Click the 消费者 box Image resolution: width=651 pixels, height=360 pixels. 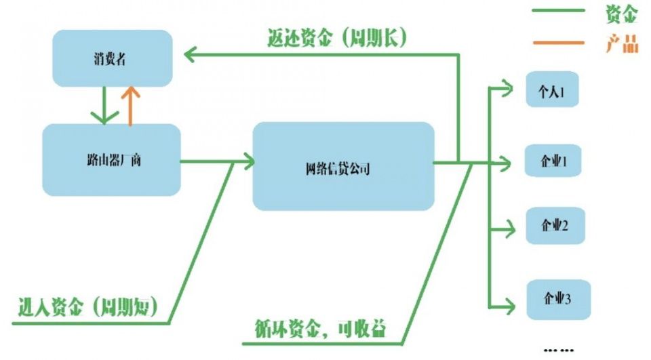111,59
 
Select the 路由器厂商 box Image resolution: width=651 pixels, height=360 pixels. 111,161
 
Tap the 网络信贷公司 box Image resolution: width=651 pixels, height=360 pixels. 342,167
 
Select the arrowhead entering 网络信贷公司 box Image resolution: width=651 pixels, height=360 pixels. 247,162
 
